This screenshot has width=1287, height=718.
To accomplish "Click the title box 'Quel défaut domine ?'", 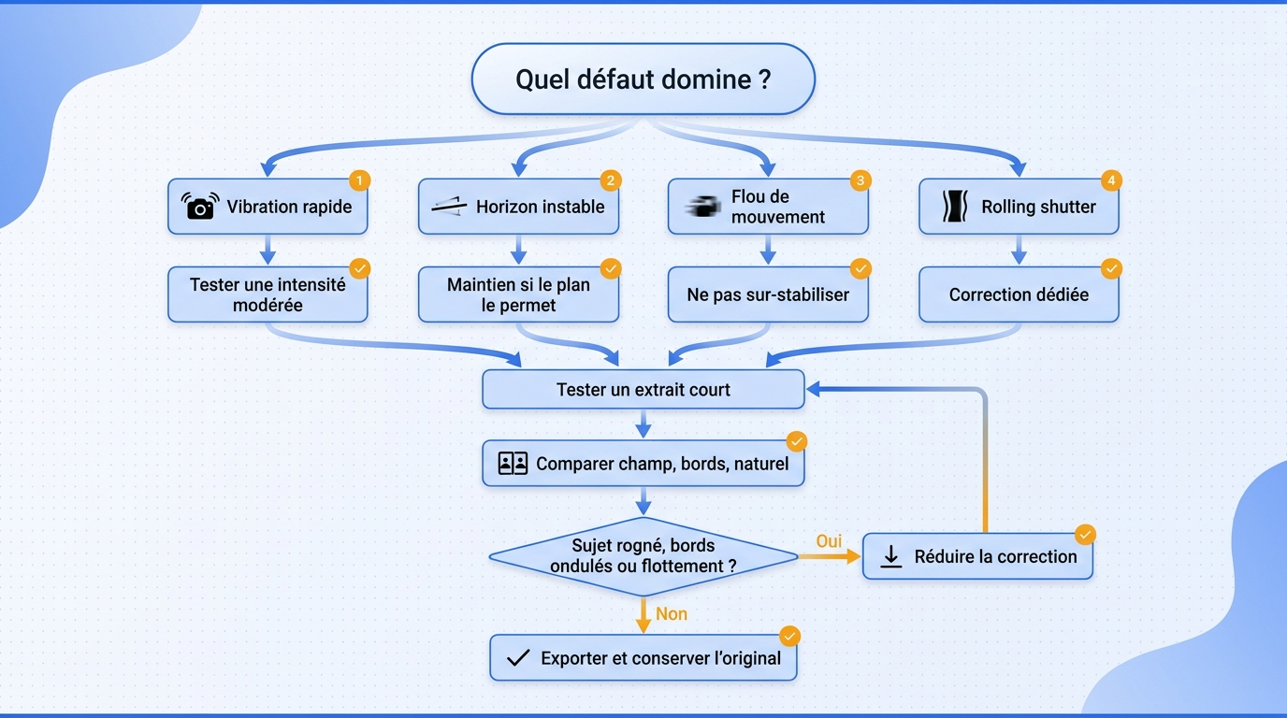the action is [x=643, y=79].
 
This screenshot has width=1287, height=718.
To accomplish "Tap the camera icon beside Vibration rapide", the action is [x=200, y=207].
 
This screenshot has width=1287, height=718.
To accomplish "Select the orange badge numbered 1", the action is [x=360, y=181].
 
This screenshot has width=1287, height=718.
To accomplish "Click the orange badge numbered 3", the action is [x=860, y=181].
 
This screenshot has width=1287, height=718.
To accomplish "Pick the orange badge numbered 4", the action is [x=1111, y=181].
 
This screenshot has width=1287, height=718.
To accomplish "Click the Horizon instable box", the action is [x=518, y=207].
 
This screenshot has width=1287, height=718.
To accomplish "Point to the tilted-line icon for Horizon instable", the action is [x=449, y=207].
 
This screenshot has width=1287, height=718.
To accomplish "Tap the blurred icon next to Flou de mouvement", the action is [x=702, y=207].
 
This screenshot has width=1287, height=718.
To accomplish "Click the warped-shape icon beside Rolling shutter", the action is [x=955, y=207].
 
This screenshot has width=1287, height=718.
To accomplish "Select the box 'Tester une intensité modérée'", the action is [x=268, y=294].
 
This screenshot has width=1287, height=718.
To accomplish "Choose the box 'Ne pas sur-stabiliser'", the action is [x=768, y=294].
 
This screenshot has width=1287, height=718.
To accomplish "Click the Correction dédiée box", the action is [x=1019, y=294].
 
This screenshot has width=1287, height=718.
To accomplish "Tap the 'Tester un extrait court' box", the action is [x=643, y=390].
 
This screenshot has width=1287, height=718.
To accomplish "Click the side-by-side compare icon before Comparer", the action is [x=513, y=463].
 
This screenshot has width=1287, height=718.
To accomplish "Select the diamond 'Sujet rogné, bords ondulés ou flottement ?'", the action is [x=643, y=556].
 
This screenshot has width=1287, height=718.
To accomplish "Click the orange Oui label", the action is [x=829, y=541].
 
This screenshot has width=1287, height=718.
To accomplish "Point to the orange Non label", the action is [x=671, y=614].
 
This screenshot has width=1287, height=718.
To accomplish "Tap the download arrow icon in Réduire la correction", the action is [x=891, y=556].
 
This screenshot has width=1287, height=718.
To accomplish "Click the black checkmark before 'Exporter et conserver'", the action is [x=517, y=657].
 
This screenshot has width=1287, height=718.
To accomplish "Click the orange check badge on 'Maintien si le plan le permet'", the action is [x=610, y=269].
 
